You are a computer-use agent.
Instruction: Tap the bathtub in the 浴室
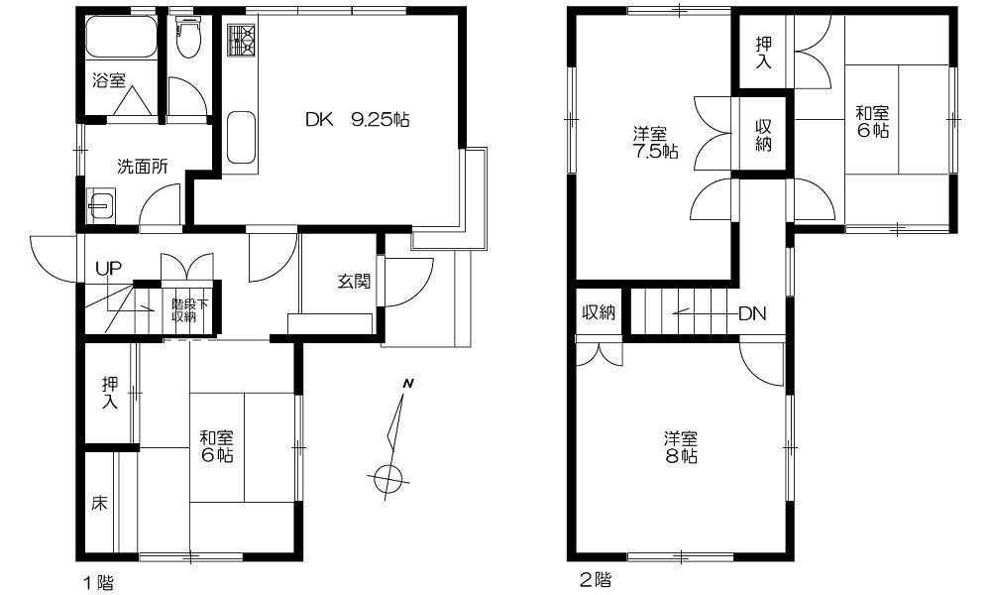click(x=121, y=37)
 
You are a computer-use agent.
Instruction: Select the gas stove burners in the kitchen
click(x=241, y=40)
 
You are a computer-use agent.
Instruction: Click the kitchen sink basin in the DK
click(x=241, y=137)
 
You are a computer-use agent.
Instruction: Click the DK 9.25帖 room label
click(x=357, y=120)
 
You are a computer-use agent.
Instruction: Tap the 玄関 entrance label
click(x=354, y=282)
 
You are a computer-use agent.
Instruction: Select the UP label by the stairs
click(x=108, y=268)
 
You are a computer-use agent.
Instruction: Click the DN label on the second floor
click(x=752, y=313)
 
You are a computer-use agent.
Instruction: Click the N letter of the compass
click(x=408, y=383)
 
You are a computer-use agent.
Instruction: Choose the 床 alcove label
click(x=99, y=504)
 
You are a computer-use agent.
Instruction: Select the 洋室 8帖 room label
click(x=681, y=447)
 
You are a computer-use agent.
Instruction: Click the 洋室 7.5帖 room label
click(x=655, y=143)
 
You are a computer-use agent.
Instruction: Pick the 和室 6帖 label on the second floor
click(x=873, y=121)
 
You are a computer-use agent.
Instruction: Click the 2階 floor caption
click(x=596, y=579)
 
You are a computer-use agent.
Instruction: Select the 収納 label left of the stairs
click(x=598, y=311)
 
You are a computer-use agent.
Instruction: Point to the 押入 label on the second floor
click(x=764, y=53)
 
